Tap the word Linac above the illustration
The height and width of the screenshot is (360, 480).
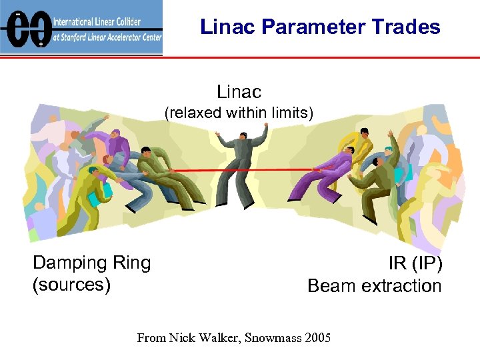click(x=239, y=91)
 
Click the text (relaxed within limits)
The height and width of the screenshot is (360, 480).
click(x=239, y=113)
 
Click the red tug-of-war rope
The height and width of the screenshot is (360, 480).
click(x=240, y=171)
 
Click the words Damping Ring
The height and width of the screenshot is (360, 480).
click(x=92, y=263)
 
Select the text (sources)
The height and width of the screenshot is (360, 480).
click(x=71, y=285)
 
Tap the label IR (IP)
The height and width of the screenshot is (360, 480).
click(x=415, y=263)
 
